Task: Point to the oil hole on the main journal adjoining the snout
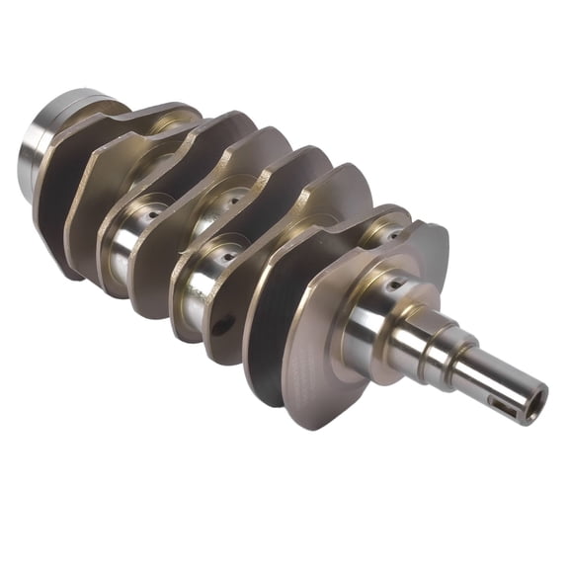point(396,285)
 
